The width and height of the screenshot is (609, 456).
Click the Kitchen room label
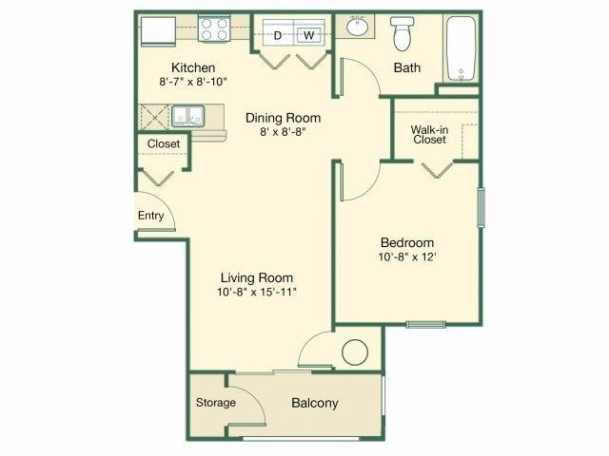coord(192,68)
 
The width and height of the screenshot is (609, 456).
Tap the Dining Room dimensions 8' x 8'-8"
coord(283,132)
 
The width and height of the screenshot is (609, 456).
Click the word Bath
coord(408,68)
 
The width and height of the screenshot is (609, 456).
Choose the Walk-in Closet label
coord(430,134)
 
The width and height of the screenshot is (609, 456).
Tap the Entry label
coord(151,216)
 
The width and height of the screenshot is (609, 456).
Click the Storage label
coord(215,403)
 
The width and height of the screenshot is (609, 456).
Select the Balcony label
coord(314,403)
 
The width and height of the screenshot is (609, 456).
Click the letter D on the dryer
coord(279,36)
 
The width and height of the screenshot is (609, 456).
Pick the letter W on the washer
coord(308,36)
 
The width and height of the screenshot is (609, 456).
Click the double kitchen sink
coord(187,116)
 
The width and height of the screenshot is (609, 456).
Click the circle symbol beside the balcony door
coord(355,352)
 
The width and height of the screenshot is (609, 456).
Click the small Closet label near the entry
coord(163,144)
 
